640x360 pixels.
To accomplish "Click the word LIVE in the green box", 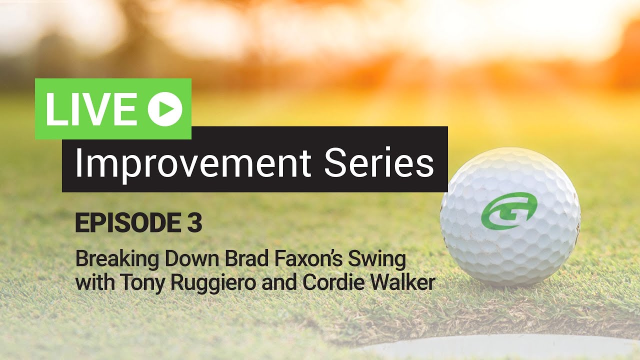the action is point(90,109).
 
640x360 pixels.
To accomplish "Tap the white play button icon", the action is point(165,109).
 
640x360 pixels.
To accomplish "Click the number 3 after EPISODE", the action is point(194,222).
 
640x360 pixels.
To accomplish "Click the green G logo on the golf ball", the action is point(509,211).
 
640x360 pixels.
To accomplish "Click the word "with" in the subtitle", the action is point(95,282).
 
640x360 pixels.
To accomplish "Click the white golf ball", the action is point(510,216).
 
